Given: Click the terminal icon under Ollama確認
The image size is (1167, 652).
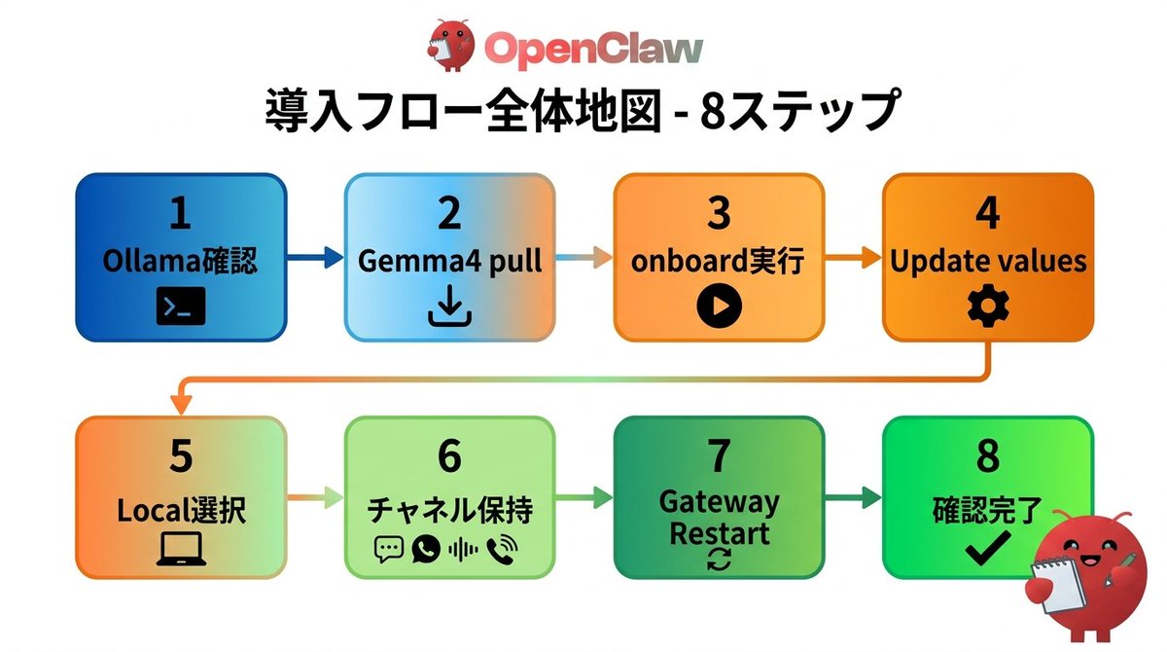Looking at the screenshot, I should [181, 308].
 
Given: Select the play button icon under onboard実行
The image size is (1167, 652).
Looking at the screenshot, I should [719, 308].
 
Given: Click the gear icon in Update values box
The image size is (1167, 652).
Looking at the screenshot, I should [988, 308].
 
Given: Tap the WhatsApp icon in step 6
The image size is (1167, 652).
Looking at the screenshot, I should [425, 550].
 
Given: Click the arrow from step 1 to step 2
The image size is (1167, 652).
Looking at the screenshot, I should [315, 258].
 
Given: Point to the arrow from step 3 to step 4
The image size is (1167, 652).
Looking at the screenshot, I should [853, 258].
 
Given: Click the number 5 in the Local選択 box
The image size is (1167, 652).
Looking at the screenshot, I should [181, 457].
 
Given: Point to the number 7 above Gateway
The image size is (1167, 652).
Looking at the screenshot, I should [719, 457].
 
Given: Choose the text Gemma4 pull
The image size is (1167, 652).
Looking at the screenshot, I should [449, 262].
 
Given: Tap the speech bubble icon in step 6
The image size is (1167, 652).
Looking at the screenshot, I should [388, 550].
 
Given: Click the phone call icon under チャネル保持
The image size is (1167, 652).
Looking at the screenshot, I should [503, 550].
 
